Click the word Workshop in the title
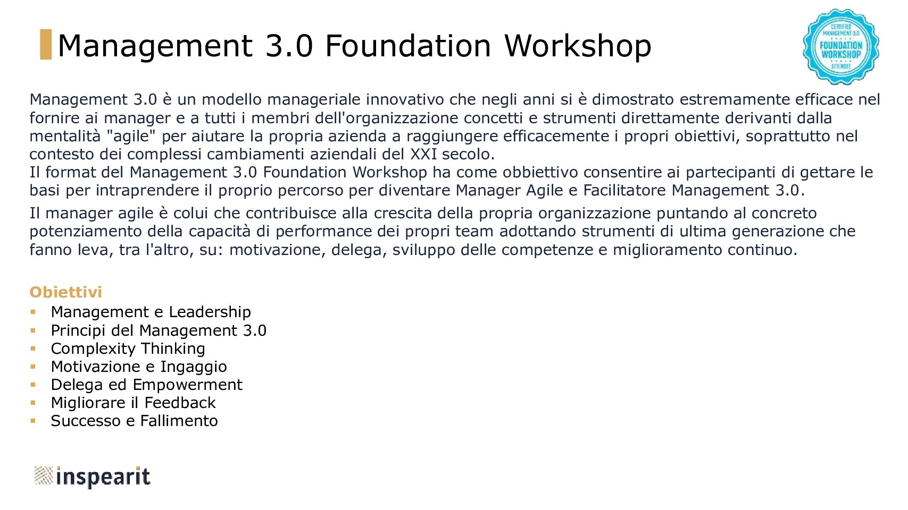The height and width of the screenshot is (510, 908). pyautogui.click(x=578, y=46)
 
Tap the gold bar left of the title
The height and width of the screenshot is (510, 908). pyautogui.click(x=46, y=45)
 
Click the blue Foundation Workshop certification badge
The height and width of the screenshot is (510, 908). pyautogui.click(x=840, y=47)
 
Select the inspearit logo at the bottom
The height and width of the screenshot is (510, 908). pyautogui.click(x=92, y=477)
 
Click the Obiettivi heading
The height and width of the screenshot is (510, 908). pyautogui.click(x=65, y=292)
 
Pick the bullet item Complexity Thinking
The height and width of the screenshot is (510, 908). pyautogui.click(x=128, y=348)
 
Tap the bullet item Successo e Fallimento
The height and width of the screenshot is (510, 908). pyautogui.click(x=134, y=421)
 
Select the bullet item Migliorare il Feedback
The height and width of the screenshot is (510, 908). pyautogui.click(x=133, y=403)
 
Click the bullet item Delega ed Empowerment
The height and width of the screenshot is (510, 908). pyautogui.click(x=146, y=385)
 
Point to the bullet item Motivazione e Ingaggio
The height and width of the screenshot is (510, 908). pyautogui.click(x=139, y=367)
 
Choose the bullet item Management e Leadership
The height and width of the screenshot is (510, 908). pyautogui.click(x=151, y=312)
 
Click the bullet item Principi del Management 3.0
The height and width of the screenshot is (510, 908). pyautogui.click(x=159, y=330)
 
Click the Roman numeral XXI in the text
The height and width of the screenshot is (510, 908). pyautogui.click(x=423, y=154)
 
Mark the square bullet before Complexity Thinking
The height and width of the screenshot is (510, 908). pyautogui.click(x=33, y=348)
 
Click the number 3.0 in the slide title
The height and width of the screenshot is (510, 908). pyautogui.click(x=289, y=46)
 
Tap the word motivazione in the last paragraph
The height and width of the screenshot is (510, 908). pyautogui.click(x=277, y=250)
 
